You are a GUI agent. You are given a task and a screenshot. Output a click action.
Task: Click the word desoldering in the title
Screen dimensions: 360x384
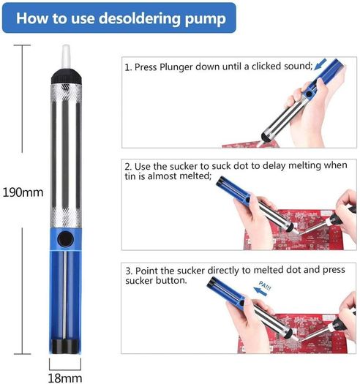pyautogui.click(x=139, y=18)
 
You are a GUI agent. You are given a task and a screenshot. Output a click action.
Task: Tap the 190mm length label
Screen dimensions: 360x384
pyautogui.click(x=23, y=192)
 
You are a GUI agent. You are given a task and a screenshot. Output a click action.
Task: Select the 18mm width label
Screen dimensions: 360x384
pyautogui.click(x=65, y=378)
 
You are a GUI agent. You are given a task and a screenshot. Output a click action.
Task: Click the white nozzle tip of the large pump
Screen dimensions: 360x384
pyautogui.click(x=66, y=56)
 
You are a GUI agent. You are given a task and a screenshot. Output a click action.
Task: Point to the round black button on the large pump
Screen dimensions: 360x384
pyautogui.click(x=65, y=239)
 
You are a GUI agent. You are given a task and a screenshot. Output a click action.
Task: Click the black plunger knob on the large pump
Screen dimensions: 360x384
pyautogui.click(x=65, y=347)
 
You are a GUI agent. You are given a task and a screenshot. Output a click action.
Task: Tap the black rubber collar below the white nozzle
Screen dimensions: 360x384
pyautogui.click(x=66, y=76)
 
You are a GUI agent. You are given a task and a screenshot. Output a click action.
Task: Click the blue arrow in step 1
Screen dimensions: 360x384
pyautogui.click(x=320, y=64)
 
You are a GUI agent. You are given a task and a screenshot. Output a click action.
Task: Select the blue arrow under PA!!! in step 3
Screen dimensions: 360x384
pyautogui.click(x=260, y=291)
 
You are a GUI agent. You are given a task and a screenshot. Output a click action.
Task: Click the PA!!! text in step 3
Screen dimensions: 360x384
pyautogui.click(x=265, y=285)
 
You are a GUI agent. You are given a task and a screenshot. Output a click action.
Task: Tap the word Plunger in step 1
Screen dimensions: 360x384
pyautogui.click(x=176, y=67)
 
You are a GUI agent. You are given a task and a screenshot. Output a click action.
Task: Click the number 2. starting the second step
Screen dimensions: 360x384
pyautogui.click(x=128, y=167)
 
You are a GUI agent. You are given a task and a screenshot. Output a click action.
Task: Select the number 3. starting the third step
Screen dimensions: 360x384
pyautogui.click(x=130, y=271)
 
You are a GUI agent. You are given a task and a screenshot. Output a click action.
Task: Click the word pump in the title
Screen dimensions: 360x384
pyautogui.click(x=206, y=19)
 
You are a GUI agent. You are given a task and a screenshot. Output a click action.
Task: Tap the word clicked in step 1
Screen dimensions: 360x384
pyautogui.click(x=266, y=67)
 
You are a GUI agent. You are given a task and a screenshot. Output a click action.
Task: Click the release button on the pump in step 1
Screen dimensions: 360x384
pyautogui.click(x=310, y=94)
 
